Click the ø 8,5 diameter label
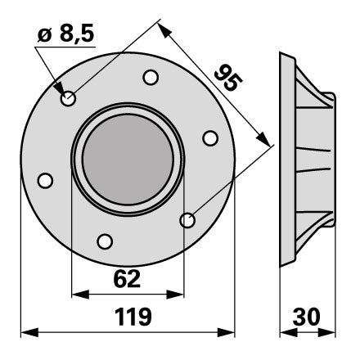point(66,34)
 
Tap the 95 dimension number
point(228,78)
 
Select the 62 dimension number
point(127,279)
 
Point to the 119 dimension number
point(133,317)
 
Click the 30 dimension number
point(307,317)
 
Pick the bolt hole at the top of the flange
point(151,78)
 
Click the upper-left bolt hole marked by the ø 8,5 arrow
point(68,98)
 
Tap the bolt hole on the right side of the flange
point(210,138)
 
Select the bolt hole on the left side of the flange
point(45,180)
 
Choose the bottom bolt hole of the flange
point(105,241)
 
